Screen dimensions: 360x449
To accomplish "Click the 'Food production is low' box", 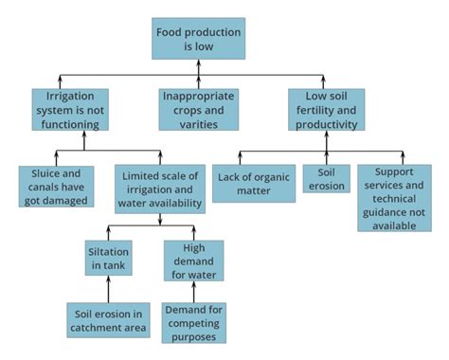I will (198, 38).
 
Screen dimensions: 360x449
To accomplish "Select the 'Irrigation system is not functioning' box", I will (70, 109).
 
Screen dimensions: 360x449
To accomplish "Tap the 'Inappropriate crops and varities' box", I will (198, 109).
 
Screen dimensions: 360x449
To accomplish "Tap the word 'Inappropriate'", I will (198, 96).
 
